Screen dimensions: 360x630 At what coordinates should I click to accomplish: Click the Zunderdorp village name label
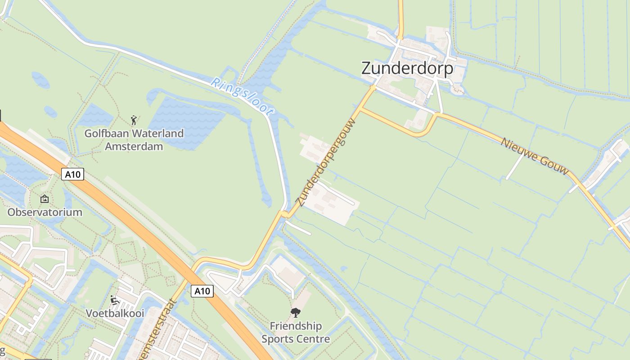tap(407, 69)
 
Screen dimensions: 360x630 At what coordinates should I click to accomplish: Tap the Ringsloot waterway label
tap(242, 97)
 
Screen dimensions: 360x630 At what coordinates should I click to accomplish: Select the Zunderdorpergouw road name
tap(325, 162)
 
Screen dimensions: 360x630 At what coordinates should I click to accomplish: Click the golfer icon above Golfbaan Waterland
tap(134, 120)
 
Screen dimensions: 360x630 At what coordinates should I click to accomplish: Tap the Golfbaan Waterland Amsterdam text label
tap(134, 140)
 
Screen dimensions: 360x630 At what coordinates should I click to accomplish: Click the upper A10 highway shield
tap(72, 174)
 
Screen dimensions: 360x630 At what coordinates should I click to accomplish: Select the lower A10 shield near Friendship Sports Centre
tap(202, 291)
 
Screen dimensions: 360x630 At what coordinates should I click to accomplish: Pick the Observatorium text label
tap(45, 212)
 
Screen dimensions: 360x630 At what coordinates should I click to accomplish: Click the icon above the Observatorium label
tap(45, 198)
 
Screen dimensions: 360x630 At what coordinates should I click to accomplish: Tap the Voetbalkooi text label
tap(115, 313)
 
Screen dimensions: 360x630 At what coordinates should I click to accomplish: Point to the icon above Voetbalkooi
tap(114, 300)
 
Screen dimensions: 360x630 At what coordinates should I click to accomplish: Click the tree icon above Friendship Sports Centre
tap(296, 312)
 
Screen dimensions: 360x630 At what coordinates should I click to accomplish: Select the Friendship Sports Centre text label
tap(296, 333)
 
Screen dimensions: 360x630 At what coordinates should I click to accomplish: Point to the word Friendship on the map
tap(296, 326)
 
